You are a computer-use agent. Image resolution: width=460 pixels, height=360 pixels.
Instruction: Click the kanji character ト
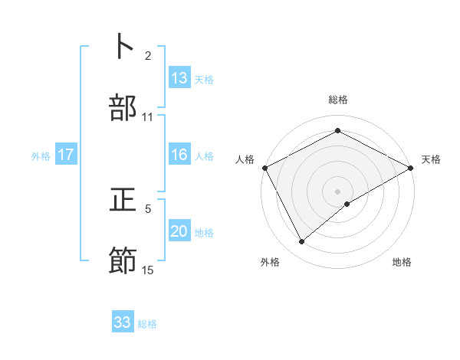(x=123, y=47)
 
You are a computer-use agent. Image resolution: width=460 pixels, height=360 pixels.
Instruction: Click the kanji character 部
(x=123, y=107)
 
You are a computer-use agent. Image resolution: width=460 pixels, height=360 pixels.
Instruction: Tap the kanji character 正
(x=123, y=201)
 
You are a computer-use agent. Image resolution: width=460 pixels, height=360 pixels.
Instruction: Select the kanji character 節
(x=123, y=261)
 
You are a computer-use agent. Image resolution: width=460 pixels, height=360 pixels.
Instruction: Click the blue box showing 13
(x=179, y=78)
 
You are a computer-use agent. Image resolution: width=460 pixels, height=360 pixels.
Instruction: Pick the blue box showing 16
(x=179, y=155)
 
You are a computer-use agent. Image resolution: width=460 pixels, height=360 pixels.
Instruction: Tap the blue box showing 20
(x=179, y=231)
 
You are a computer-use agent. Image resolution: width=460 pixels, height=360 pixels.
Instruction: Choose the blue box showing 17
(x=66, y=155)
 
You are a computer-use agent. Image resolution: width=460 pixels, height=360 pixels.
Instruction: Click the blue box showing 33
(x=123, y=322)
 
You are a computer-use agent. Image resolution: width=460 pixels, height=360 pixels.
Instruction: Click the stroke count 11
(x=148, y=116)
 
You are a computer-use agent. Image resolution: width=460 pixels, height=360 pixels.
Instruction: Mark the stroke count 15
(x=148, y=270)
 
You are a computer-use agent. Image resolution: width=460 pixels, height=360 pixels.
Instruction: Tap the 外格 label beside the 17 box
(x=41, y=155)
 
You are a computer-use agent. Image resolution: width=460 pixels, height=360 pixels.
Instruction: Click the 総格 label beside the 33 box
(x=147, y=323)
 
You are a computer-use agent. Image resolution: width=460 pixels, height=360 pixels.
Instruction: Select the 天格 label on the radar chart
(x=432, y=159)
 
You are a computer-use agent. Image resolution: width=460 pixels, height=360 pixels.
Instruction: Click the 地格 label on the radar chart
(x=402, y=262)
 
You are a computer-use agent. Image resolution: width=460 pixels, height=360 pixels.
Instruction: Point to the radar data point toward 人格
(x=264, y=168)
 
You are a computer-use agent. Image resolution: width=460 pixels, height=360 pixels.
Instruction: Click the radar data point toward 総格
(x=337, y=131)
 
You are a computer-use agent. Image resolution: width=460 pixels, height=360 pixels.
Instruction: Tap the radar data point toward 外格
(x=302, y=241)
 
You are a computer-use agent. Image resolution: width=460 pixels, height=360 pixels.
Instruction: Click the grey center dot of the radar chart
(x=337, y=191)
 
